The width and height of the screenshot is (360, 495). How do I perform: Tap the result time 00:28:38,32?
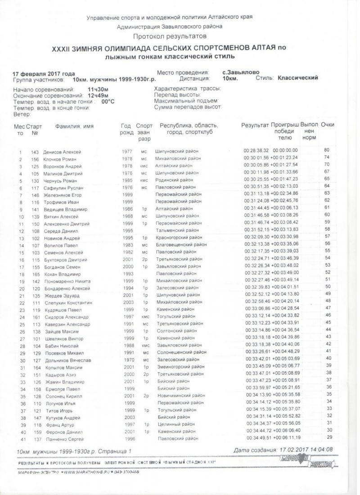point(256,150)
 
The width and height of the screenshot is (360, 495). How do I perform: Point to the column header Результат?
point(255,125)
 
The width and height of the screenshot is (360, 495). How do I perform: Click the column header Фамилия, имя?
point(74,126)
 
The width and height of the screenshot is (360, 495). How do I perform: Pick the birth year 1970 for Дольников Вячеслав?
point(127,360)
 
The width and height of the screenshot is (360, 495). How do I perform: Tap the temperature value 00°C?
point(108,102)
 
